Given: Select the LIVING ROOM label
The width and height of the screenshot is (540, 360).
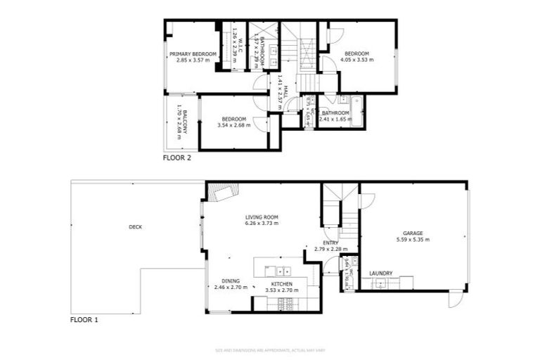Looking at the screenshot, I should click(262, 217).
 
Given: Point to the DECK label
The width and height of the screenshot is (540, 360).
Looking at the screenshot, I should click(135, 226).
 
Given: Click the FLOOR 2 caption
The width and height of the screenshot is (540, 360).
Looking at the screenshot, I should click(177, 158).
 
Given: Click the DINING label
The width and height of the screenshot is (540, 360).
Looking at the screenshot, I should click(231, 281).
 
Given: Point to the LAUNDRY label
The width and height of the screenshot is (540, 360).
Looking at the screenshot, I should click(380, 274).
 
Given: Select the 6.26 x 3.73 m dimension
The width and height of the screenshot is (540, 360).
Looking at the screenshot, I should click(262, 224).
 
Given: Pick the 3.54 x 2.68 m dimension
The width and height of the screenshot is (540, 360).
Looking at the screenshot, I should click(233, 125).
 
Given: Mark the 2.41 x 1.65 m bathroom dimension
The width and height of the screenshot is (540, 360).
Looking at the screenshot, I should click(335, 119).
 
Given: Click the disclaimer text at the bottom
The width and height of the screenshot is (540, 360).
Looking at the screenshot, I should click(270, 350).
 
